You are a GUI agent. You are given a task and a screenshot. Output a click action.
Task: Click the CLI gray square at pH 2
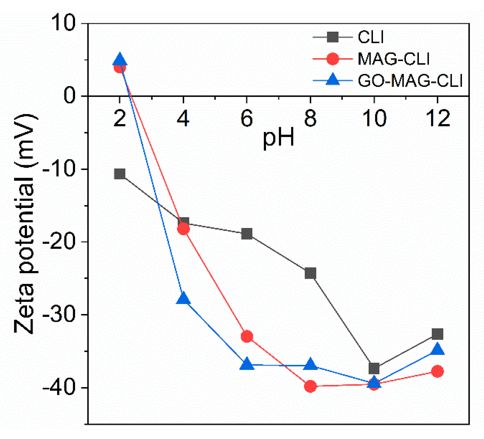point(120,174)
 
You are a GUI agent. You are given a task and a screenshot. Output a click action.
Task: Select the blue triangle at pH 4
point(183,298)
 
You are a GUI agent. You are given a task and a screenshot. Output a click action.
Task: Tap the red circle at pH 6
point(247,337)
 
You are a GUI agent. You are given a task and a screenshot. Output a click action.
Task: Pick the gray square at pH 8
point(310,273)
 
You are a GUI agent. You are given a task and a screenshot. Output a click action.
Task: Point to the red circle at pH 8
point(310,387)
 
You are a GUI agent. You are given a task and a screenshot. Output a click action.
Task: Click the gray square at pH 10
point(374,368)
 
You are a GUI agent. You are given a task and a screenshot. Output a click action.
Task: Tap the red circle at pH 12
point(437,371)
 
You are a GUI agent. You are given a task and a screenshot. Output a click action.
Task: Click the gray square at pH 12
point(437,334)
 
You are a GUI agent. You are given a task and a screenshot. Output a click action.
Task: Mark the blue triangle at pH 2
point(120,60)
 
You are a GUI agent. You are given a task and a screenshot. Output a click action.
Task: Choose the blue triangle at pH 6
point(247,364)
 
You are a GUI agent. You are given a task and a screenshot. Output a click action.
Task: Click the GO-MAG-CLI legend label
point(410,81)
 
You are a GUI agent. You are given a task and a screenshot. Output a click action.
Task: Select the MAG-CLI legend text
point(393,59)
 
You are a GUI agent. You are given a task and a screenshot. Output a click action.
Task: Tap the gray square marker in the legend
point(333,37)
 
